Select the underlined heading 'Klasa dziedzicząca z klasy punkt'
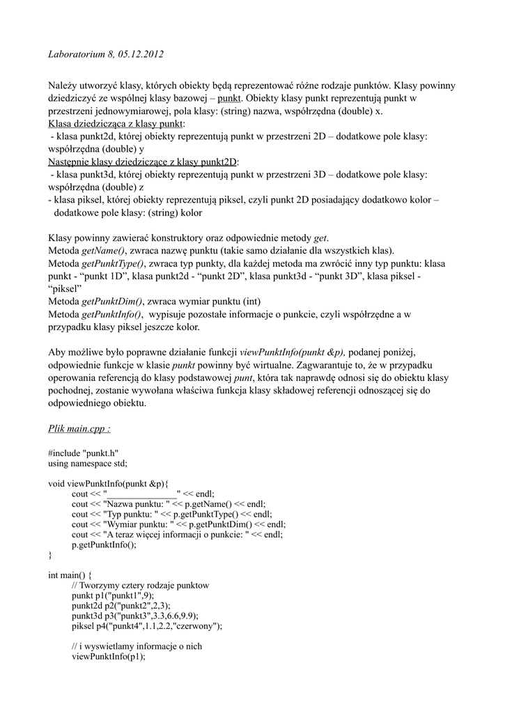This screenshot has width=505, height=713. click(x=111, y=124)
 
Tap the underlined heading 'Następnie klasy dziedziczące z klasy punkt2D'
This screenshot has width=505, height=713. click(x=143, y=162)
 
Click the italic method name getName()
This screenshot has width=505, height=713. click(x=103, y=250)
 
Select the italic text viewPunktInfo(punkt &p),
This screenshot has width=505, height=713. click(x=293, y=352)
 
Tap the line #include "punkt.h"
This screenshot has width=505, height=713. click(x=82, y=452)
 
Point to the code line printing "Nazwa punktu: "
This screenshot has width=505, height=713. click(x=169, y=504)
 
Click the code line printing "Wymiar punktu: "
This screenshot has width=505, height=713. click(x=178, y=524)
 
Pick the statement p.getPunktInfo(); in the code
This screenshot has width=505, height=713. click(x=104, y=545)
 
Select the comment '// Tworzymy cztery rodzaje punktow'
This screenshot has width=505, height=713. click(x=140, y=586)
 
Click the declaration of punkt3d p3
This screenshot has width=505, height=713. click(x=136, y=616)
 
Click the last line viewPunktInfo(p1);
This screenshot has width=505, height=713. click(x=109, y=657)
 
